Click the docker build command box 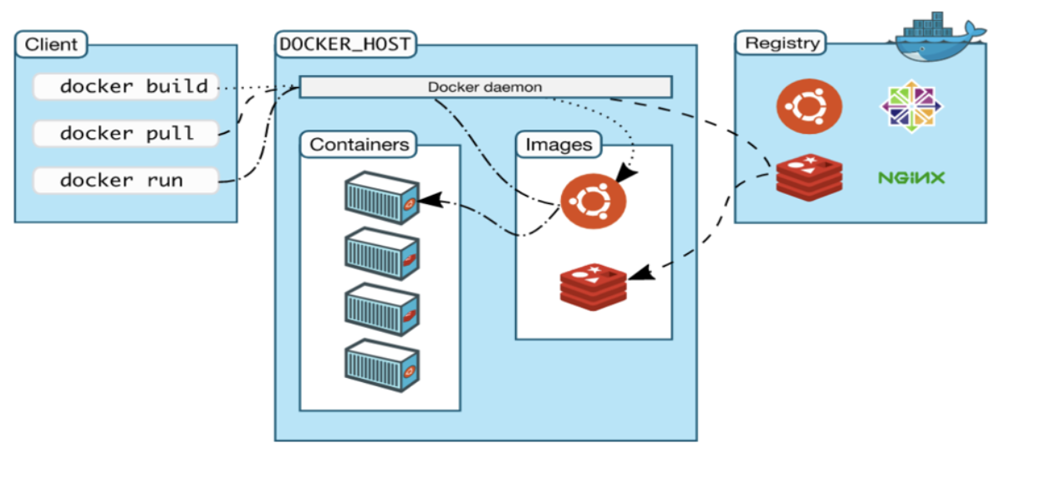point(126,86)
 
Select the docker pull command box point(126,133)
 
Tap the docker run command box point(126,180)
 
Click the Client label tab point(51,44)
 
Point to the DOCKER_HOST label point(345,44)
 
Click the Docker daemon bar point(485,87)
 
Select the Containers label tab point(359,145)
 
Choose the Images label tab point(558,145)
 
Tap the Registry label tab point(783,43)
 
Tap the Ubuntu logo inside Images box point(593,201)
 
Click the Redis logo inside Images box point(593,286)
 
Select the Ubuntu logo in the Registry point(808,107)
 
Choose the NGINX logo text point(911,178)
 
